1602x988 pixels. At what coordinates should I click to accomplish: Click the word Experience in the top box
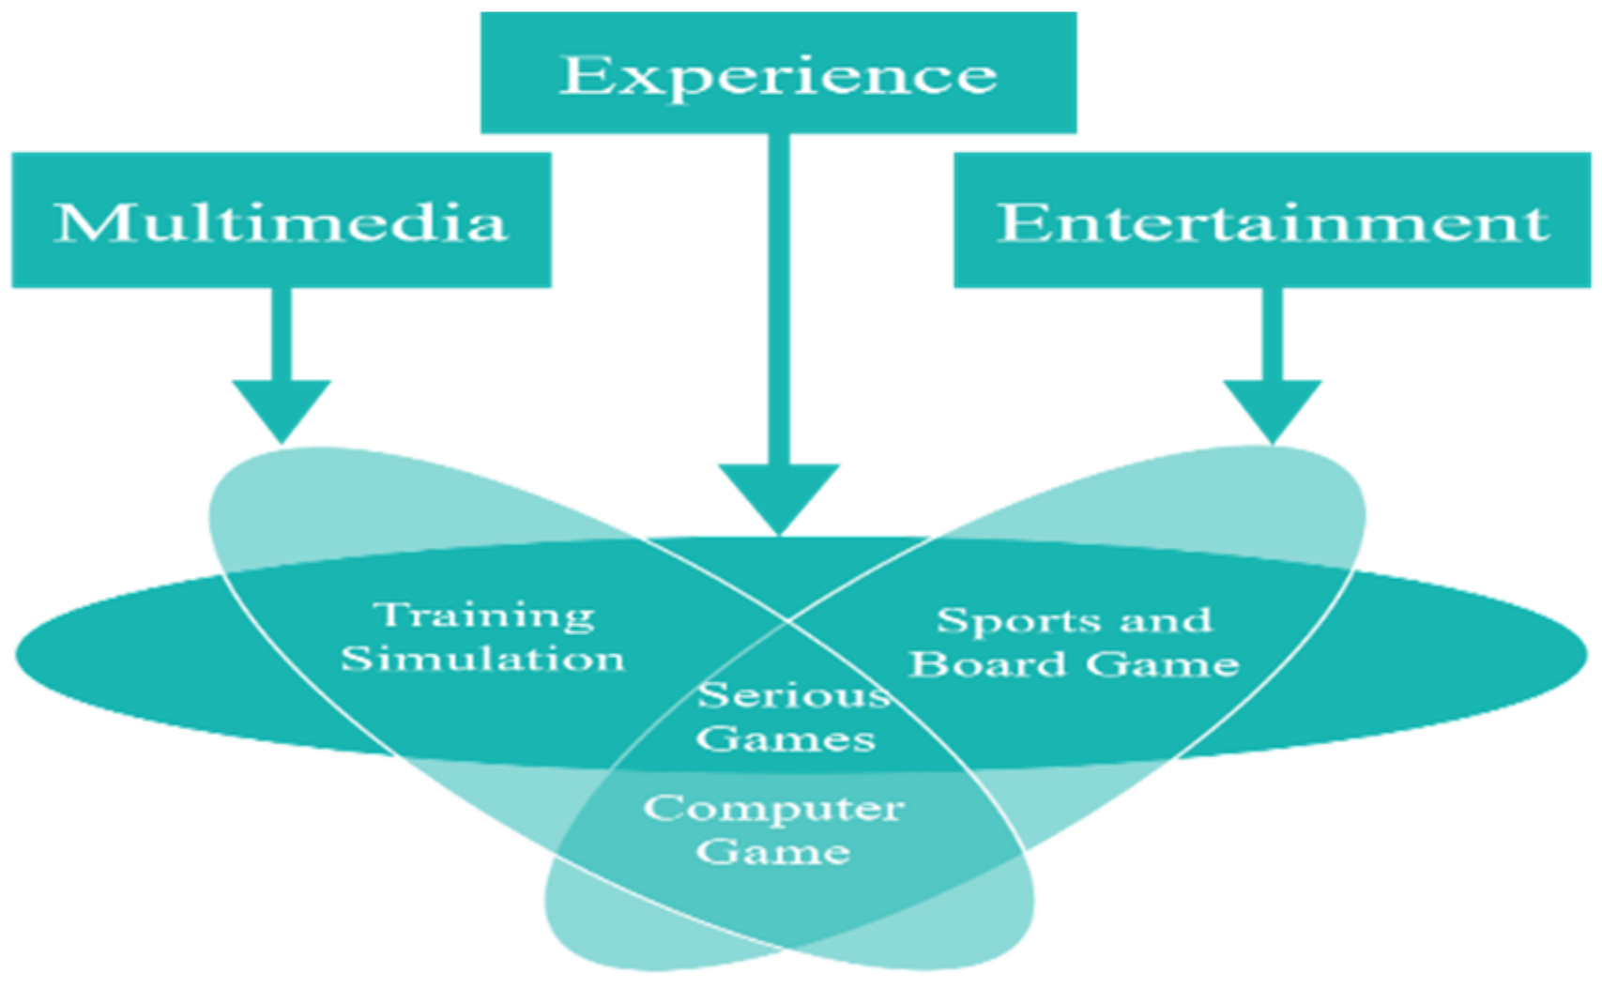778,75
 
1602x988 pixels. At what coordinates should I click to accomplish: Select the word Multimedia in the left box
281,222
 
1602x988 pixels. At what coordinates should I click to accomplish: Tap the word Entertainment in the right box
1272,222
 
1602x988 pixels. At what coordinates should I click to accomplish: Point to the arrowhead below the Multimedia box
282,407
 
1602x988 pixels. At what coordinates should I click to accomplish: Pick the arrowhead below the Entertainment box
1272,407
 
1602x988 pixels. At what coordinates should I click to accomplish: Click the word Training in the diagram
483,616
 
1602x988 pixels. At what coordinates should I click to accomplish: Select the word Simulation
482,659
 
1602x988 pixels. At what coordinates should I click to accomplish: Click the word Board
988,664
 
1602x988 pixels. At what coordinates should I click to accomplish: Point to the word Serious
793,695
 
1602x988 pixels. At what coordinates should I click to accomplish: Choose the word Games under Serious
786,739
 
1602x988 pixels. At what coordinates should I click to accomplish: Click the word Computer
774,809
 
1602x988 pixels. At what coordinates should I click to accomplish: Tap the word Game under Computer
773,852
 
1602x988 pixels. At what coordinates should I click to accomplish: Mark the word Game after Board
1163,664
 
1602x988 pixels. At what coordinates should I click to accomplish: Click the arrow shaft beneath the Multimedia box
282,333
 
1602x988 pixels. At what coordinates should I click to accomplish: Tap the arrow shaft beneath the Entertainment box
1272,333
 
